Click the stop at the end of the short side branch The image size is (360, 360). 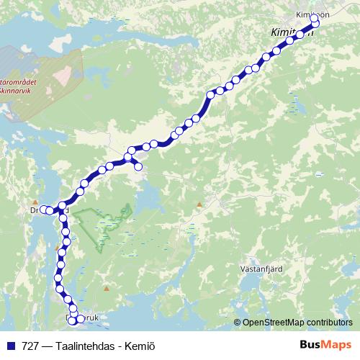click(138, 168)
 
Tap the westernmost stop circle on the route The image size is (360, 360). click(43, 210)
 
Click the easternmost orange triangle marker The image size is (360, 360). click(199, 205)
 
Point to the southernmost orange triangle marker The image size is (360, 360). click(107, 289)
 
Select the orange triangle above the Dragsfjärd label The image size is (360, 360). click(35, 202)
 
